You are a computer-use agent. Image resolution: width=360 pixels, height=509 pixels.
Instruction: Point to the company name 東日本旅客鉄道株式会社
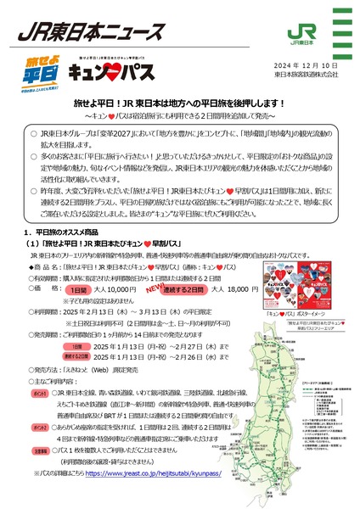coord(305,75)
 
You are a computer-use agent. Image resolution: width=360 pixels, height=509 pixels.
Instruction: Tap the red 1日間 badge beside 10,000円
coord(88,266)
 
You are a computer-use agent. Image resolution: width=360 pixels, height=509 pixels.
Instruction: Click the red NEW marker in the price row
coord(156,259)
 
